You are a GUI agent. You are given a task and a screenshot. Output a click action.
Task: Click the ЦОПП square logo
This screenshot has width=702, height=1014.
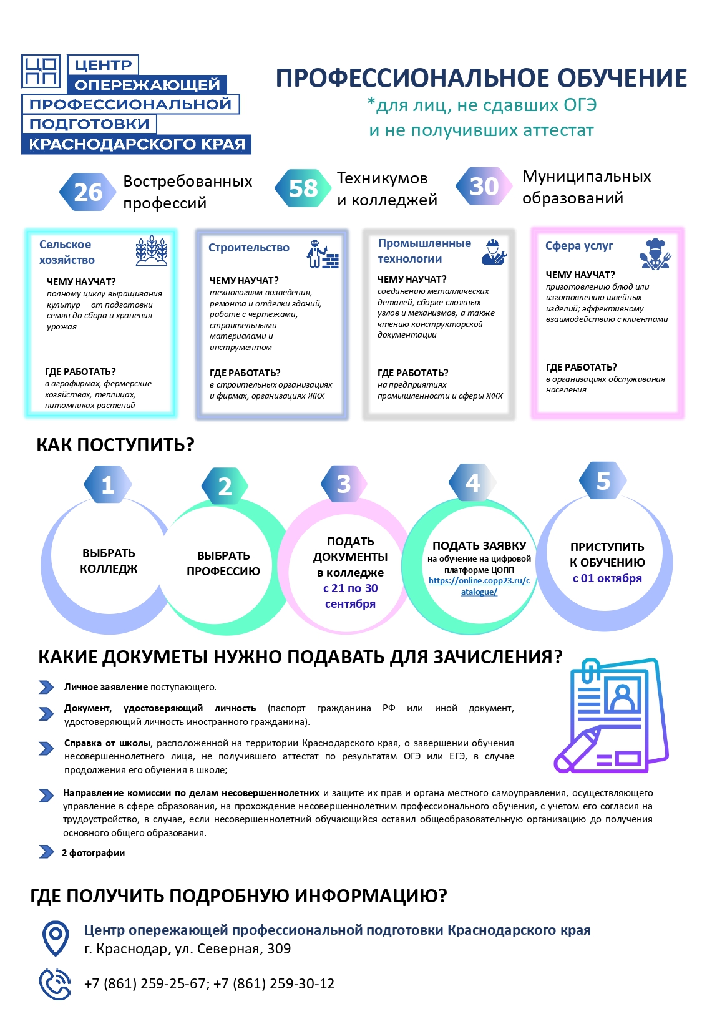tap(41, 71)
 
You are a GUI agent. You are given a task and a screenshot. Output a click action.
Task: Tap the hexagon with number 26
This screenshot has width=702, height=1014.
tap(88, 192)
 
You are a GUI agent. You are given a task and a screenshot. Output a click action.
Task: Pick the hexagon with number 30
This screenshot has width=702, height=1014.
tap(484, 186)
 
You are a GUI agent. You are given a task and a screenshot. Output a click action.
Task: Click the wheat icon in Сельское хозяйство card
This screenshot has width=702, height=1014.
tap(152, 250)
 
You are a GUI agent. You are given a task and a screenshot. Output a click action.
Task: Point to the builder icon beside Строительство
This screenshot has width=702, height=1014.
tap(322, 254)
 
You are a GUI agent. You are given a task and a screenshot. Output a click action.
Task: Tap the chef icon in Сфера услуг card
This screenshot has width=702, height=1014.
tap(655, 254)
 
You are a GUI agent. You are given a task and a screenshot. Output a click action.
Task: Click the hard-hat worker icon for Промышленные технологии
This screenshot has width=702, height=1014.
tap(494, 252)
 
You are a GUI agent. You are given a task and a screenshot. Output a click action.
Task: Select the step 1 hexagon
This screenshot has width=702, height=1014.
tap(108, 484)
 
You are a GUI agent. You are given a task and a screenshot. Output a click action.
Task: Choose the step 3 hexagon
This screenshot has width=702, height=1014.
tap(344, 484)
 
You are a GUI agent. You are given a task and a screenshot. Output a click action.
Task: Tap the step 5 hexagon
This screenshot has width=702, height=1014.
tap(603, 480)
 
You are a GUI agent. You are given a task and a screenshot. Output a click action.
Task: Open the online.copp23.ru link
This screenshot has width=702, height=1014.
tap(479, 586)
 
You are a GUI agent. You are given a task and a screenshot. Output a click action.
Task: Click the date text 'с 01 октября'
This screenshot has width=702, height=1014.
tap(607, 578)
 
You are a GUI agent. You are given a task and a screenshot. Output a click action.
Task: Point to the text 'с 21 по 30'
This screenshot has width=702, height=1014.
tap(350, 588)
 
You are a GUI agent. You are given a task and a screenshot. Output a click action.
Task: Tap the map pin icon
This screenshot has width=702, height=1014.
tap(56, 938)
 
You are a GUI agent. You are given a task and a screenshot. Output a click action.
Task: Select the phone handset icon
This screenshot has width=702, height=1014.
tap(54, 983)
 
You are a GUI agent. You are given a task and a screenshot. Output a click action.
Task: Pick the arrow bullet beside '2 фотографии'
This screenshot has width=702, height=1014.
tap(46, 852)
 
